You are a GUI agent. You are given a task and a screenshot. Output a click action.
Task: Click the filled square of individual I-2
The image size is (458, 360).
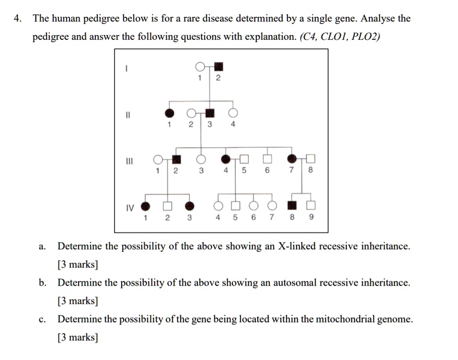click(x=219, y=67)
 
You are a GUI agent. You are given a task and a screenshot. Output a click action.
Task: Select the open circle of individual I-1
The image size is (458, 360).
click(x=200, y=66)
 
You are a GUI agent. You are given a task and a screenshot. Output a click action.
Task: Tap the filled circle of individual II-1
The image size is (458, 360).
click(x=169, y=113)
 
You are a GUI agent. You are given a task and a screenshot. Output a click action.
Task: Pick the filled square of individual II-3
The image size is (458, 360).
click(x=209, y=113)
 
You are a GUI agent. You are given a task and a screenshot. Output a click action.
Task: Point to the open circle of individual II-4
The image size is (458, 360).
click(x=233, y=113)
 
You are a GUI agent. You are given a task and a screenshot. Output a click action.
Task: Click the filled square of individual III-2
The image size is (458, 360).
click(x=177, y=160)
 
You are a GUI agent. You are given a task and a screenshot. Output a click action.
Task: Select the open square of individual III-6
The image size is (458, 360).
click(x=267, y=159)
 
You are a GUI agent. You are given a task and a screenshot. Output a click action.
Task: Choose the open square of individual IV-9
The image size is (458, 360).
click(x=311, y=206)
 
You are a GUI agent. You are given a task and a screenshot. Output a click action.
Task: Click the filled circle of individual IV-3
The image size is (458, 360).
click(x=190, y=206)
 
